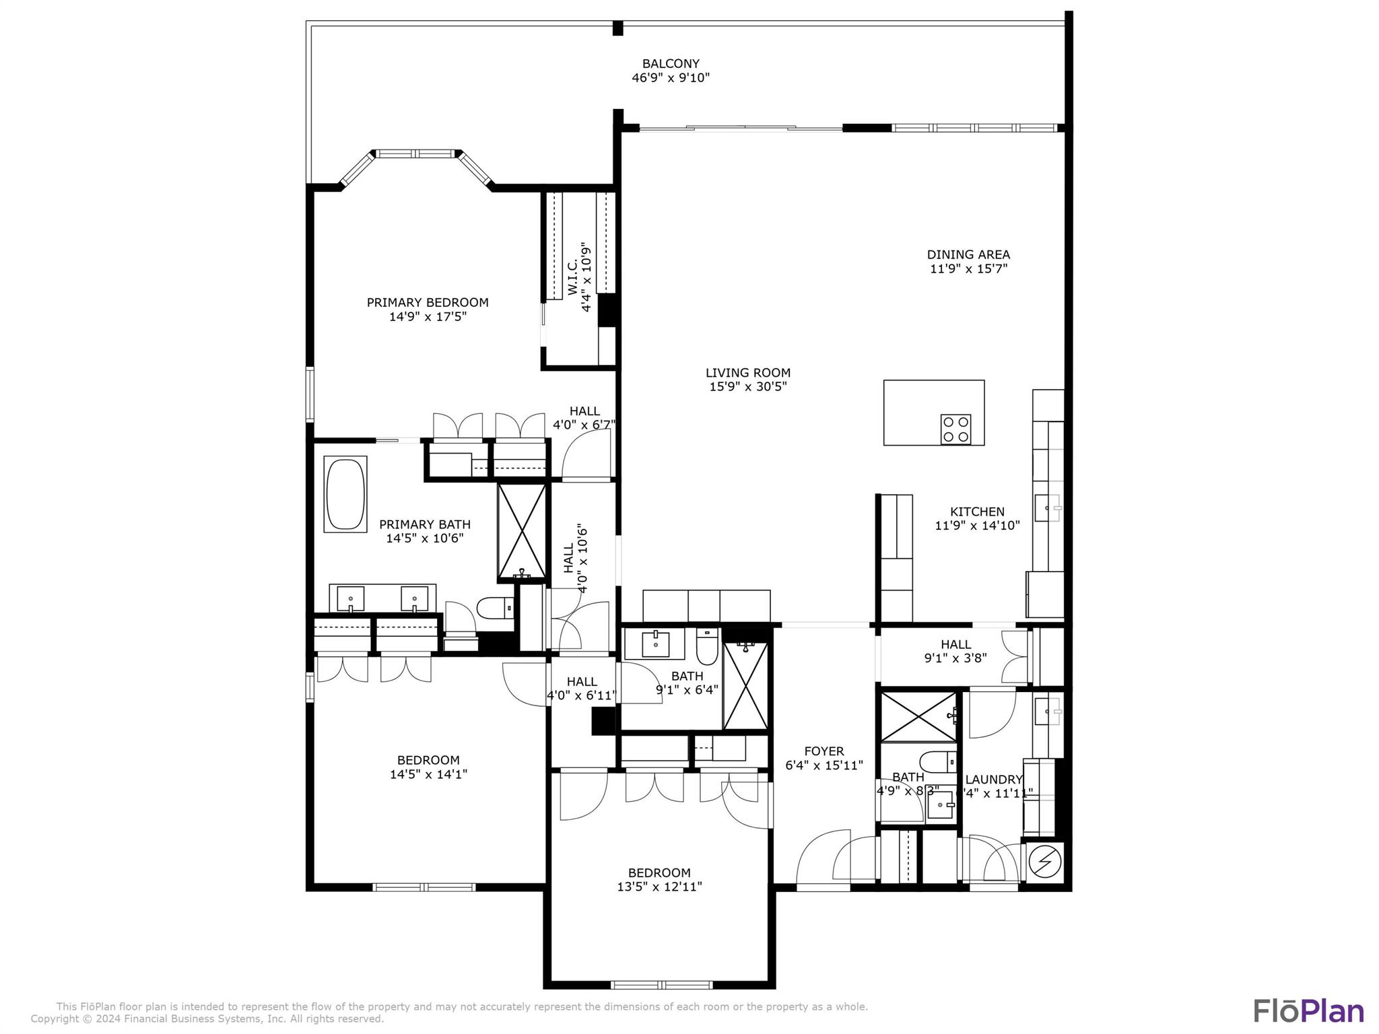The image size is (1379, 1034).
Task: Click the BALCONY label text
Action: tap(670, 64)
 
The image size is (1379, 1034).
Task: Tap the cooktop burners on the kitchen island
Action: tap(955, 429)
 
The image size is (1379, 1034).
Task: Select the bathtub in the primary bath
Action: tap(345, 495)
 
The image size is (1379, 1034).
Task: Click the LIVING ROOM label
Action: tap(747, 373)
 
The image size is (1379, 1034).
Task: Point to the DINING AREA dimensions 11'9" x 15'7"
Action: tap(968, 269)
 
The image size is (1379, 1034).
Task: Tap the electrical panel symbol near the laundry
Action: tap(1044, 861)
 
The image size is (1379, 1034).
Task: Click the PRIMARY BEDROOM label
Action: tap(427, 303)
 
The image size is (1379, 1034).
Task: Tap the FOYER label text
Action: tap(823, 751)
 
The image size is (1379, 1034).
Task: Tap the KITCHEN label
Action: tap(976, 512)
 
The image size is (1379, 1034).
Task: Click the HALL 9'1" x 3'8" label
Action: tap(955, 651)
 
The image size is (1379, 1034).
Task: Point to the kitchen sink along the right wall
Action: tap(1047, 508)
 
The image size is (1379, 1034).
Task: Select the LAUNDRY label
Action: tap(993, 780)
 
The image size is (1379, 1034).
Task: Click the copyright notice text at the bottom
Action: tap(207, 1019)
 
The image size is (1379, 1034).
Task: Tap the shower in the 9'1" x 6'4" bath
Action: tap(745, 686)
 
